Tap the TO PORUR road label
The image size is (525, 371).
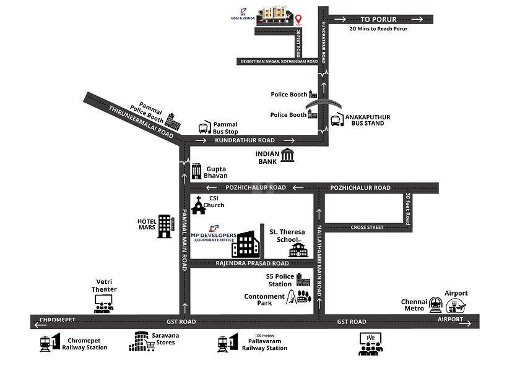pyautogui.click(x=379, y=19)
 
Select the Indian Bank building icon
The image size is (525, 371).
pyautogui.click(x=287, y=155)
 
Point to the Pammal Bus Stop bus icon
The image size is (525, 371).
pyautogui.click(x=204, y=128)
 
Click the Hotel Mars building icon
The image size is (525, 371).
pyautogui.click(x=165, y=226)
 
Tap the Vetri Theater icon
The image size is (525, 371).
pyautogui.click(x=103, y=303)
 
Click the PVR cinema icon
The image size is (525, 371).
pyautogui.click(x=370, y=343)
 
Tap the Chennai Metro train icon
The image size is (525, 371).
pyautogui.click(x=436, y=304)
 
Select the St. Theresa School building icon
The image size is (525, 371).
pyautogui.click(x=298, y=250)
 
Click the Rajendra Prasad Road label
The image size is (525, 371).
pyautogui.click(x=252, y=263)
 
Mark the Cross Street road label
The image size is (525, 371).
pyautogui.click(x=367, y=227)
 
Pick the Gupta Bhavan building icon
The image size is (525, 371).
pyautogui.click(x=196, y=171)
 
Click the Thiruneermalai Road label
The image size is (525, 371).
pyautogui.click(x=141, y=121)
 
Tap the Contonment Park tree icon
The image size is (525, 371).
pyautogui.click(x=303, y=296)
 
